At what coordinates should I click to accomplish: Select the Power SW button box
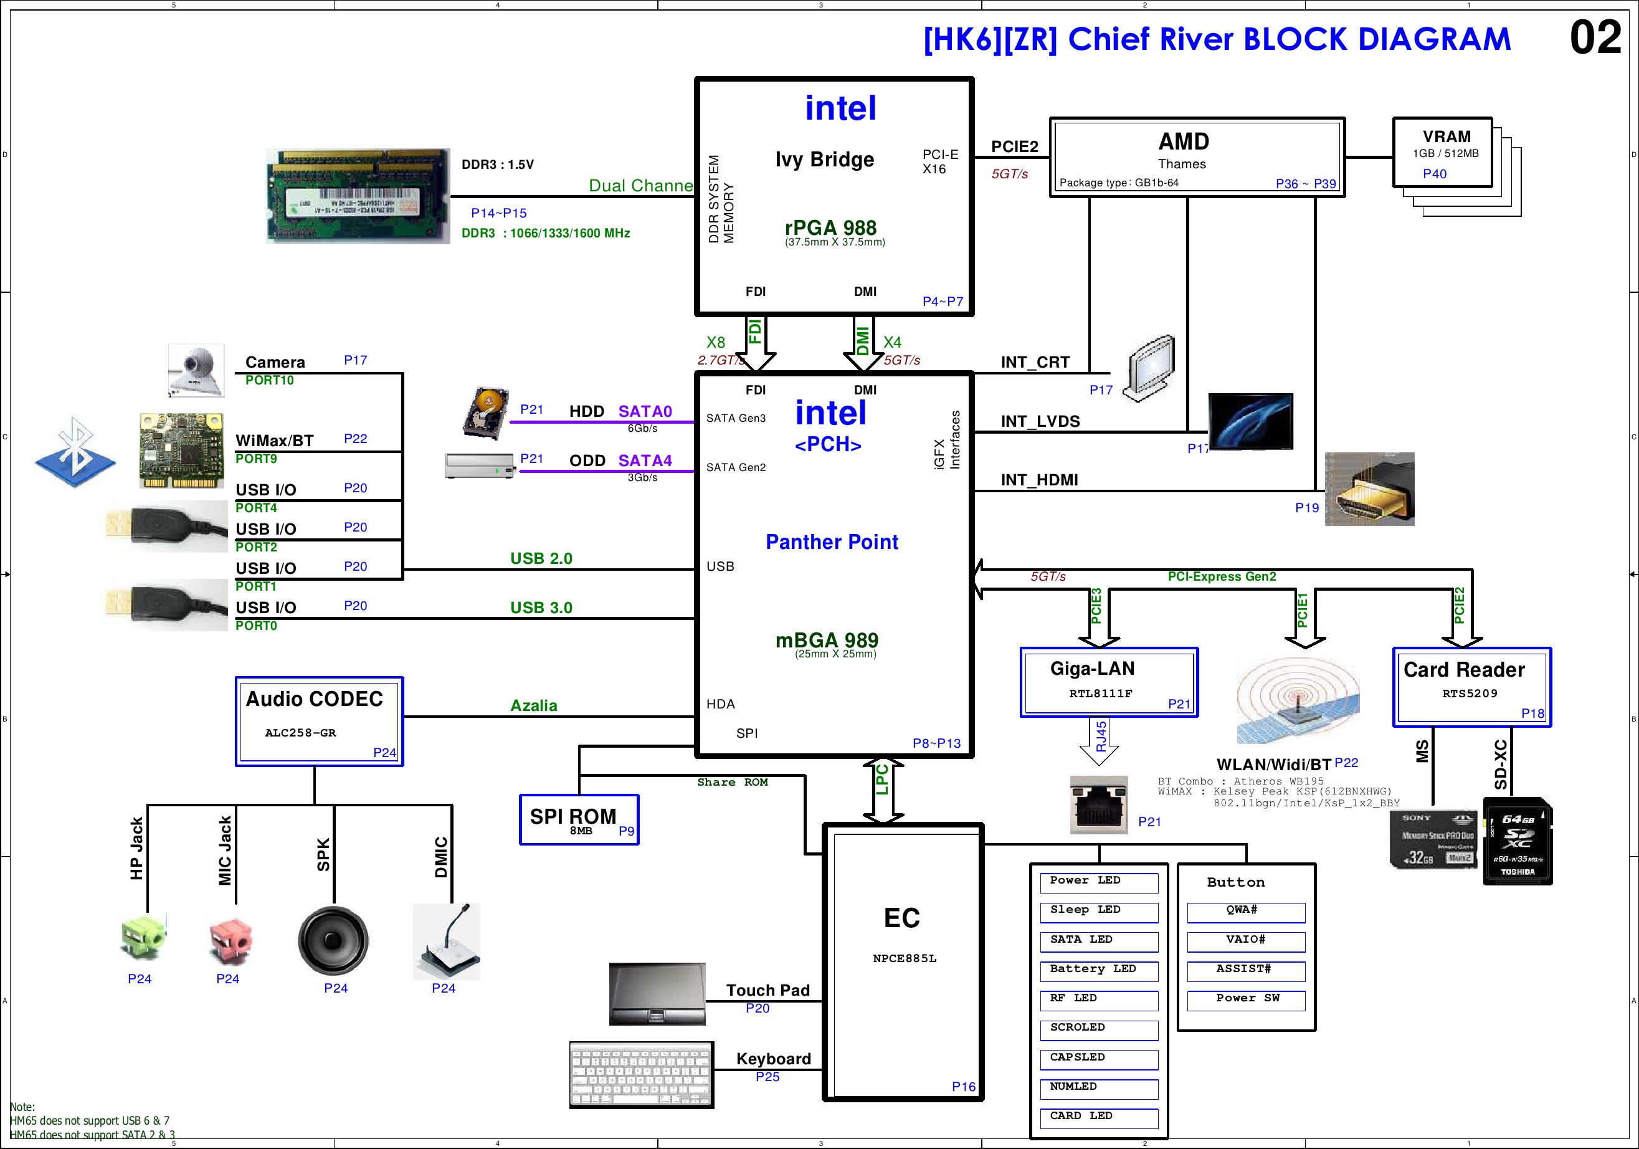pyautogui.click(x=1246, y=999)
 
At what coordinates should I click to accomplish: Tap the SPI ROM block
pyautogui.click(x=578, y=819)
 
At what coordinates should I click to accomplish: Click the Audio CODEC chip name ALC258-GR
pyautogui.click(x=300, y=733)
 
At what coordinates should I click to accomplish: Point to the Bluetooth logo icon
pyautogui.click(x=75, y=451)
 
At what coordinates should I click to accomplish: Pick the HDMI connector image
pyautogui.click(x=1369, y=489)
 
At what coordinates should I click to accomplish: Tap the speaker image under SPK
pyautogui.click(x=333, y=940)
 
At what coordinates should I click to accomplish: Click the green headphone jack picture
pyautogui.click(x=143, y=937)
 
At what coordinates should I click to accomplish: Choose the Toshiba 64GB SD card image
pyautogui.click(x=1517, y=841)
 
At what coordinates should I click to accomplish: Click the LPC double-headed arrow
pyautogui.click(x=883, y=790)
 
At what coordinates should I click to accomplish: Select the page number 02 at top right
pyautogui.click(x=1595, y=38)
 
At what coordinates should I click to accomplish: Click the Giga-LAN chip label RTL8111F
pyautogui.click(x=1100, y=694)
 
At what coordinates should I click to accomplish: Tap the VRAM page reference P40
pyautogui.click(x=1434, y=173)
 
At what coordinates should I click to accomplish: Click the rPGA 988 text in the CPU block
pyautogui.click(x=830, y=228)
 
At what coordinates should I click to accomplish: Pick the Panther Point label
pyautogui.click(x=832, y=542)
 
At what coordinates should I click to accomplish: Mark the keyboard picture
pyautogui.click(x=641, y=1075)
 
